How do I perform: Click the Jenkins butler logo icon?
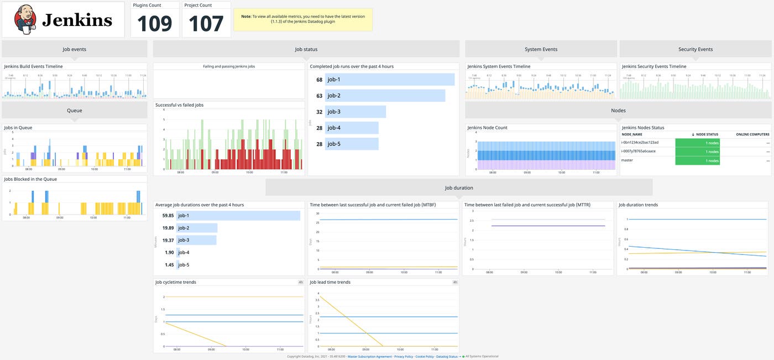(24, 20)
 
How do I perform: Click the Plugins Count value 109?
(155, 24)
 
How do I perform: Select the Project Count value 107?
(206, 24)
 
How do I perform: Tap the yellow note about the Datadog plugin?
(303, 19)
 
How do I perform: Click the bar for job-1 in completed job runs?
(390, 80)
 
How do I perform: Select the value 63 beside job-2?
(319, 96)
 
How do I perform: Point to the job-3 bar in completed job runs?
(355, 112)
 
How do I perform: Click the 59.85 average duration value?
(168, 215)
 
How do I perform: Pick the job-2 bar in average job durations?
(197, 228)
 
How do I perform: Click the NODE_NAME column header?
(632, 134)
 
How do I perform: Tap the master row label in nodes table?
(627, 160)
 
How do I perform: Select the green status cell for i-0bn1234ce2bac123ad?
(697, 143)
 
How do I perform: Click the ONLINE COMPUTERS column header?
(752, 134)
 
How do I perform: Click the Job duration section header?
(459, 187)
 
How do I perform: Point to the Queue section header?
(75, 110)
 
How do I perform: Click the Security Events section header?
(695, 49)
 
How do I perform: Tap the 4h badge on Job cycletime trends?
(301, 282)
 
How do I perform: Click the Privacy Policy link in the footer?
(403, 357)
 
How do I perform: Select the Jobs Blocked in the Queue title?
(30, 179)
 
